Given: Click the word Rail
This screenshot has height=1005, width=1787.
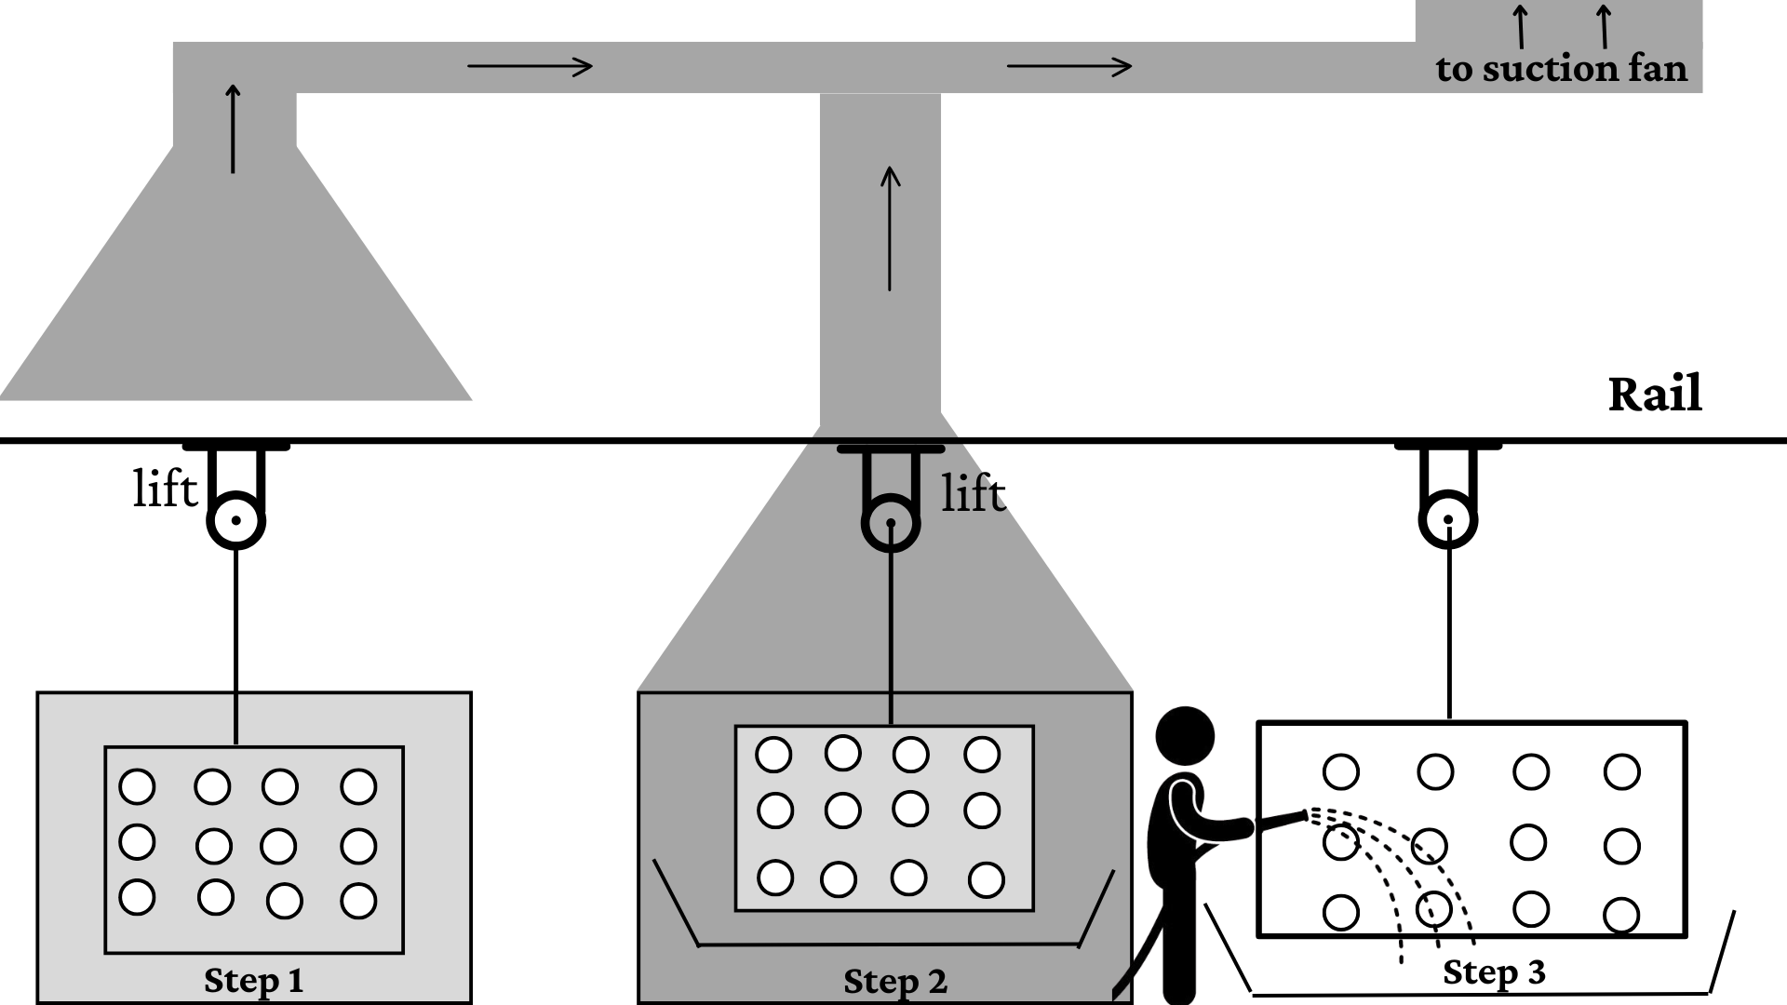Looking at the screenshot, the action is pyautogui.click(x=1655, y=394).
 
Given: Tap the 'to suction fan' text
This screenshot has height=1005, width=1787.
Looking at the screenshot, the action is pyautogui.click(x=1561, y=69).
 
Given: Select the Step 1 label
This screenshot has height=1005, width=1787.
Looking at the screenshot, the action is pyautogui.click(x=253, y=981).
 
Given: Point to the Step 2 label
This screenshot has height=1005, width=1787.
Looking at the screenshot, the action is pyautogui.click(x=894, y=982).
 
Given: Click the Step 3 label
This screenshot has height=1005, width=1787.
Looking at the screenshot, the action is pyautogui.click(x=1494, y=972).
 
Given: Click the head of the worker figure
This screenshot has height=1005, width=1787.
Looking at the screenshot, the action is pyautogui.click(x=1185, y=736).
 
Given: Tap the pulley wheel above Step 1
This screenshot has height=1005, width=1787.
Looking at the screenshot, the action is pyautogui.click(x=235, y=520).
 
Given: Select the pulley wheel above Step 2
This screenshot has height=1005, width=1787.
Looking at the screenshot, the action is pyautogui.click(x=891, y=523).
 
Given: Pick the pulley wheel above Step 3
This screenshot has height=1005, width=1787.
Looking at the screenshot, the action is pyautogui.click(x=1448, y=520).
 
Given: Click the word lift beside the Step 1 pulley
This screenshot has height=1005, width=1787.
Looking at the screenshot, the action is pyautogui.click(x=165, y=488).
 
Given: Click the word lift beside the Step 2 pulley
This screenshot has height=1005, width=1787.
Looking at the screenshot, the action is pyautogui.click(x=974, y=492).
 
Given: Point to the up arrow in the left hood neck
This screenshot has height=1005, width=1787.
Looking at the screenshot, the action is pyautogui.click(x=233, y=128).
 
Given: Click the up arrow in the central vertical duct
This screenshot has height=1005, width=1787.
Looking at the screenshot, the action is pyautogui.click(x=891, y=229).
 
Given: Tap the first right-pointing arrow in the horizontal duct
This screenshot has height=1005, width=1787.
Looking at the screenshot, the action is pyautogui.click(x=530, y=66).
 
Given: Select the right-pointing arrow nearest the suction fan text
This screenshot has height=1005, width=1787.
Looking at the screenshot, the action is pyautogui.click(x=1069, y=66).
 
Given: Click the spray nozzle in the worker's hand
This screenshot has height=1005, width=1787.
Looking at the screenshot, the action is pyautogui.click(x=1282, y=820).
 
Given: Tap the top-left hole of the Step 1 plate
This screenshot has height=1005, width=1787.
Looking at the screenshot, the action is pyautogui.click(x=137, y=786).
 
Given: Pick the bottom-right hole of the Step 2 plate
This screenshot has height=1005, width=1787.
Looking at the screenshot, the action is pyautogui.click(x=987, y=879).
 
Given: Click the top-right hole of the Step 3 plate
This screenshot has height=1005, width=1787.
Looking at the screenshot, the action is pyautogui.click(x=1622, y=771).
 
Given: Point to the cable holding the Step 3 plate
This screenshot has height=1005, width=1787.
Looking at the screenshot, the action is pyautogui.click(x=1448, y=622).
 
